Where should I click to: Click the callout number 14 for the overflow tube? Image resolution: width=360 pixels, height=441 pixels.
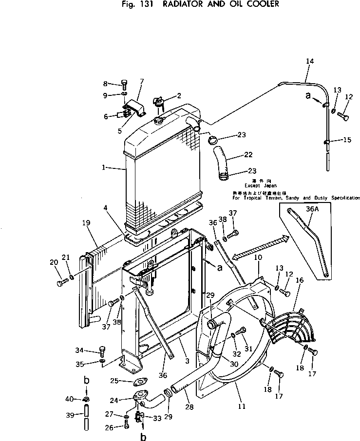(310, 61)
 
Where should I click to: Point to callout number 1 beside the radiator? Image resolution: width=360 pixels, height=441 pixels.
(104, 167)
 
